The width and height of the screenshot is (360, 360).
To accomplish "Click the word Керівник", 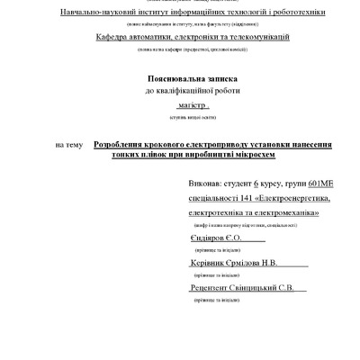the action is pos(209,263).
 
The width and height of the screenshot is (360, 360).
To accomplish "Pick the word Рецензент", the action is pos(211,289).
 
